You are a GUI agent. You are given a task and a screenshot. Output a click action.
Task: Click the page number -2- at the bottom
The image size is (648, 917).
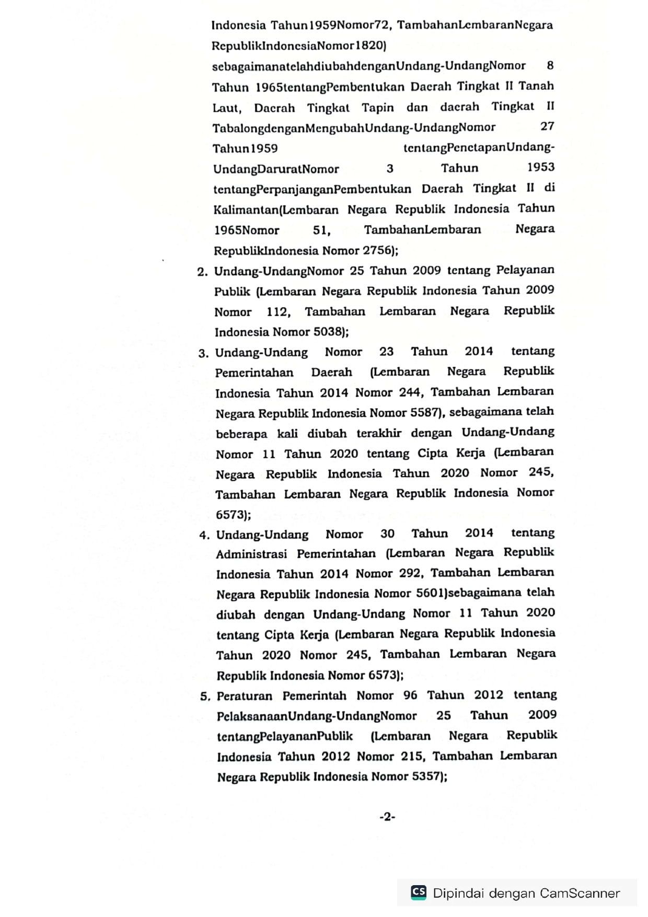pos(387,817)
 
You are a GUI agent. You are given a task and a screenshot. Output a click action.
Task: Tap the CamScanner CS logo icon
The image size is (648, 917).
pos(419,892)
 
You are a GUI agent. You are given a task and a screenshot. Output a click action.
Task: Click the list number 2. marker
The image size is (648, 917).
pos(203,272)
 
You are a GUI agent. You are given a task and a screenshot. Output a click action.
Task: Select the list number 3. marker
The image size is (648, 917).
pos(204,354)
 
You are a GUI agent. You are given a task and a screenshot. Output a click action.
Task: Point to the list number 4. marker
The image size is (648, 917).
pos(204,536)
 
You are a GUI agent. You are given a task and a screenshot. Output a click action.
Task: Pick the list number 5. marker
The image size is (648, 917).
pos(205,697)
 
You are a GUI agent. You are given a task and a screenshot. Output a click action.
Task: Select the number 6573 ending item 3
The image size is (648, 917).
pos(230,515)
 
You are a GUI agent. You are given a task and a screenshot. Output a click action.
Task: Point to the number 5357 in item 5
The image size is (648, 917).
pos(427,776)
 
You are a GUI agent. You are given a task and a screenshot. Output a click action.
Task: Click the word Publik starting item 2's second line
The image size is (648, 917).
pos(232,292)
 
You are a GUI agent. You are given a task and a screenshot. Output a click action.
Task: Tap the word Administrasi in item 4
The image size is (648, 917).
pos(251,554)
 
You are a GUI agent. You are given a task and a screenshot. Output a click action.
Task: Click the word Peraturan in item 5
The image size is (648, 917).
pos(245,697)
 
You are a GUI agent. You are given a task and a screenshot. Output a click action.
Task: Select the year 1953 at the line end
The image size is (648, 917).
pos(540,167)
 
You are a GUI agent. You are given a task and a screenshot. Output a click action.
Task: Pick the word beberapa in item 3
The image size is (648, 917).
pos(241,434)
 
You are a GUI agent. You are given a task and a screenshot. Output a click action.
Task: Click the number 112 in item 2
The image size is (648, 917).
pos(277,312)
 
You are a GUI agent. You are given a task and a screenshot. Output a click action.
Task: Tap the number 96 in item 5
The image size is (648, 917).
pos(410,695)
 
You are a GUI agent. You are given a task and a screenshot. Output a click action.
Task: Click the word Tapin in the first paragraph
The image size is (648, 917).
pos(378,108)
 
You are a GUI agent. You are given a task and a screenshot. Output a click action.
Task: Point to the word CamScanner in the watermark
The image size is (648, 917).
pos(580,893)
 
